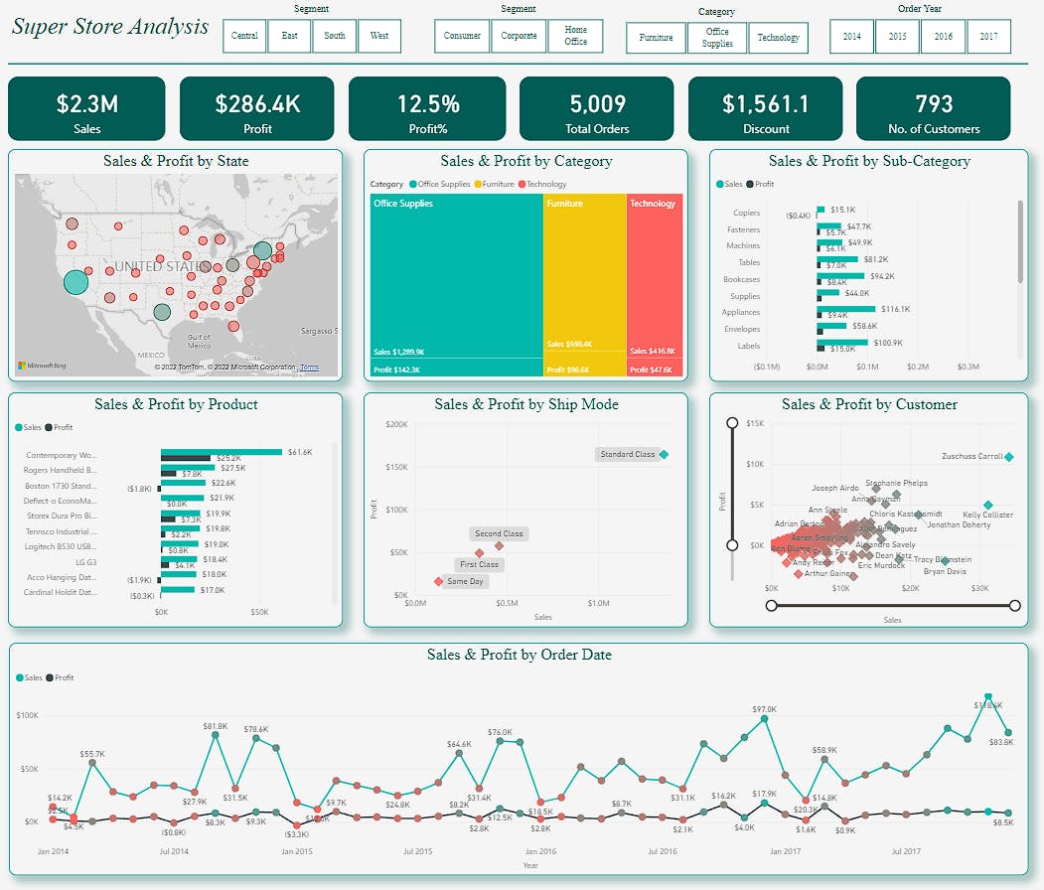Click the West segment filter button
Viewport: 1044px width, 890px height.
[379, 36]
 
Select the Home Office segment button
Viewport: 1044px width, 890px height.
[576, 36]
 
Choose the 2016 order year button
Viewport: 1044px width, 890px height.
[943, 36]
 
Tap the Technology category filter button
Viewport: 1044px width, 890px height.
[778, 38]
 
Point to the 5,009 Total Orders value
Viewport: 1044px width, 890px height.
[597, 103]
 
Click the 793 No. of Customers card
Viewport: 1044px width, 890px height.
[933, 108]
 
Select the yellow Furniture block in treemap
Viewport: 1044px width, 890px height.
[584, 278]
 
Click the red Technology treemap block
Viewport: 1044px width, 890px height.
[655, 278]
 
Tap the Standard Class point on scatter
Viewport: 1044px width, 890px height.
[664, 454]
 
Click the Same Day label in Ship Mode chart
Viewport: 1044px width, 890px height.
[465, 581]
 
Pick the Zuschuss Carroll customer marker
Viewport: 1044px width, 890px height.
[1008, 457]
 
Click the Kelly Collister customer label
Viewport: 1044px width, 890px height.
[987, 516]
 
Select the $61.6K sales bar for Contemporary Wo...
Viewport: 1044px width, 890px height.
[222, 452]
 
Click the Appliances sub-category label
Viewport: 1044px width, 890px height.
[741, 312]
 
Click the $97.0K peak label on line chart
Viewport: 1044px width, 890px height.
[764, 709]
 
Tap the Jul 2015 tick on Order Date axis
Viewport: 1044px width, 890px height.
[417, 851]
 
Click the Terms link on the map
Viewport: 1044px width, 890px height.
[310, 368]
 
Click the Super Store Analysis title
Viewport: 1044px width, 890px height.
[110, 26]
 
